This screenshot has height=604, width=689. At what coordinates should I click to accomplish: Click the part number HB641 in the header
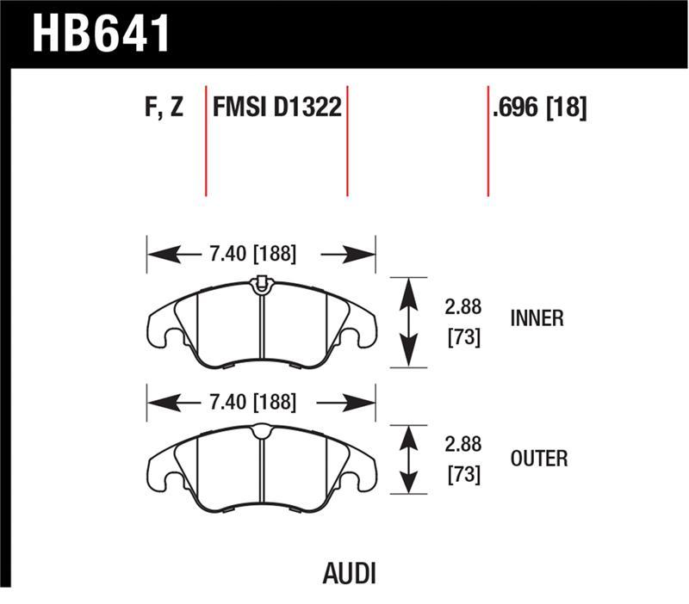(x=102, y=34)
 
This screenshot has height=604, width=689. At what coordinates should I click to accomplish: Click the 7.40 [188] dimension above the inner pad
(x=251, y=254)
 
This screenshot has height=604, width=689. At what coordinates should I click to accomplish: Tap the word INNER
(x=538, y=319)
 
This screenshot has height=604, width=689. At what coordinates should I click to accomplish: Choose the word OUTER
(x=539, y=459)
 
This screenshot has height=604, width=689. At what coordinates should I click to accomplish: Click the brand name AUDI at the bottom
(x=348, y=574)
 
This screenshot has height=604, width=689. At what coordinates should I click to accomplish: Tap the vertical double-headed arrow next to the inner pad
(x=408, y=322)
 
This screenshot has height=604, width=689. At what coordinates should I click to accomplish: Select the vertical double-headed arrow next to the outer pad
(x=408, y=459)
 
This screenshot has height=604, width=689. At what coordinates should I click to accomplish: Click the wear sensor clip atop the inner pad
(x=261, y=282)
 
